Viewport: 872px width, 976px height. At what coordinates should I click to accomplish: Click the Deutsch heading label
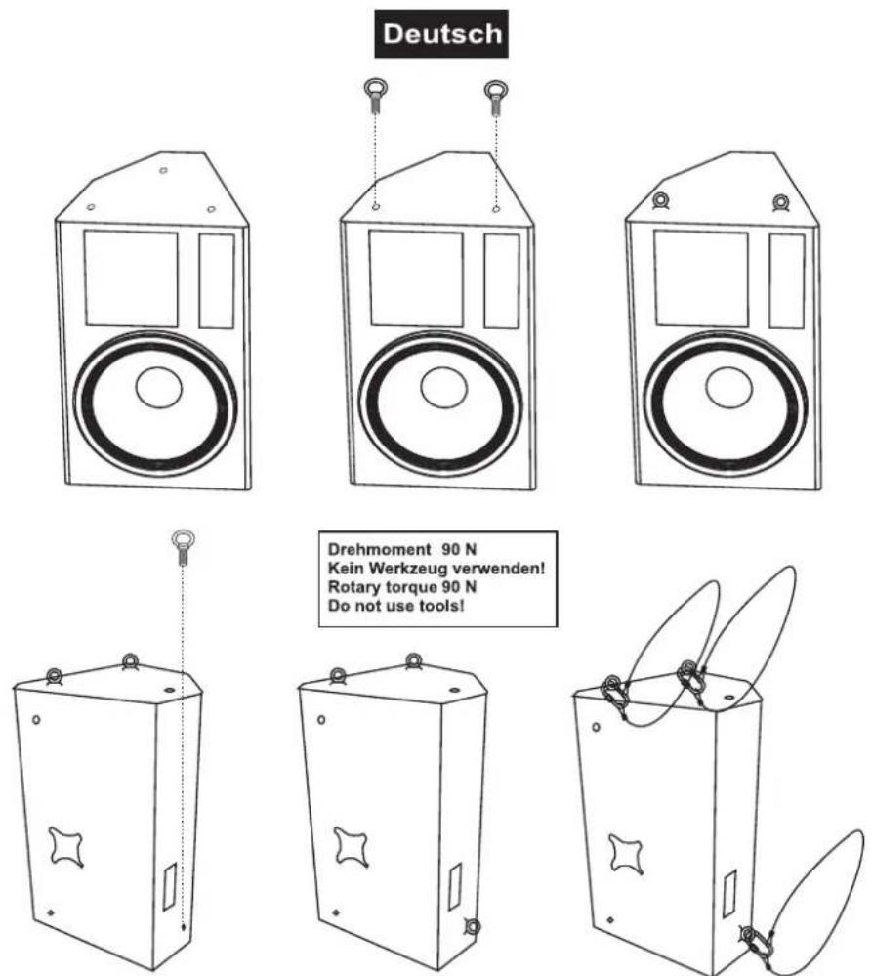[441, 33]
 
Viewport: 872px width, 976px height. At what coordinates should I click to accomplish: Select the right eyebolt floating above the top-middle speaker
[496, 97]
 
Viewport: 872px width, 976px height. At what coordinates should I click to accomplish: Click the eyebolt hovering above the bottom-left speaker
[183, 546]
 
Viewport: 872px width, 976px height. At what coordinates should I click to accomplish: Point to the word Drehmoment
[379, 550]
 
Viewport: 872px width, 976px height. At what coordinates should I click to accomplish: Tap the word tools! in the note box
[442, 605]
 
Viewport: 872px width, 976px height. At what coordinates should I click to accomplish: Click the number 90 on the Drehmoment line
[451, 550]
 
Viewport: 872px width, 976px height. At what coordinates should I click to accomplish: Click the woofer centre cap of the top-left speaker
[158, 389]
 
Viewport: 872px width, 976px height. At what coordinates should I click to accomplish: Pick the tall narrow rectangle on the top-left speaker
[217, 280]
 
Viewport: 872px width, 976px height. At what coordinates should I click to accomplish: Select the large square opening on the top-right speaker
[701, 278]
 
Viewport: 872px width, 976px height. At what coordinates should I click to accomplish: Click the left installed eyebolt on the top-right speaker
[660, 201]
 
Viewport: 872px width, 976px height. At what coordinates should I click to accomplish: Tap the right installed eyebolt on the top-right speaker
[780, 203]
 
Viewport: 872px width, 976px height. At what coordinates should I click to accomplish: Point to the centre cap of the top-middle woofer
[443, 388]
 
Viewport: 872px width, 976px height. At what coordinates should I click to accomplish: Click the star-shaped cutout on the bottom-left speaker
[66, 846]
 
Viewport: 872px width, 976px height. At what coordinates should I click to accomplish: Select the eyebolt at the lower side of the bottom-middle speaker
[472, 927]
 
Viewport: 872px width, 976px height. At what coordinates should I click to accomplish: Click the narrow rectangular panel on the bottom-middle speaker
[455, 886]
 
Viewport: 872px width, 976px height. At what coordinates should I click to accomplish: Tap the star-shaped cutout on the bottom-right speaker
[625, 853]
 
